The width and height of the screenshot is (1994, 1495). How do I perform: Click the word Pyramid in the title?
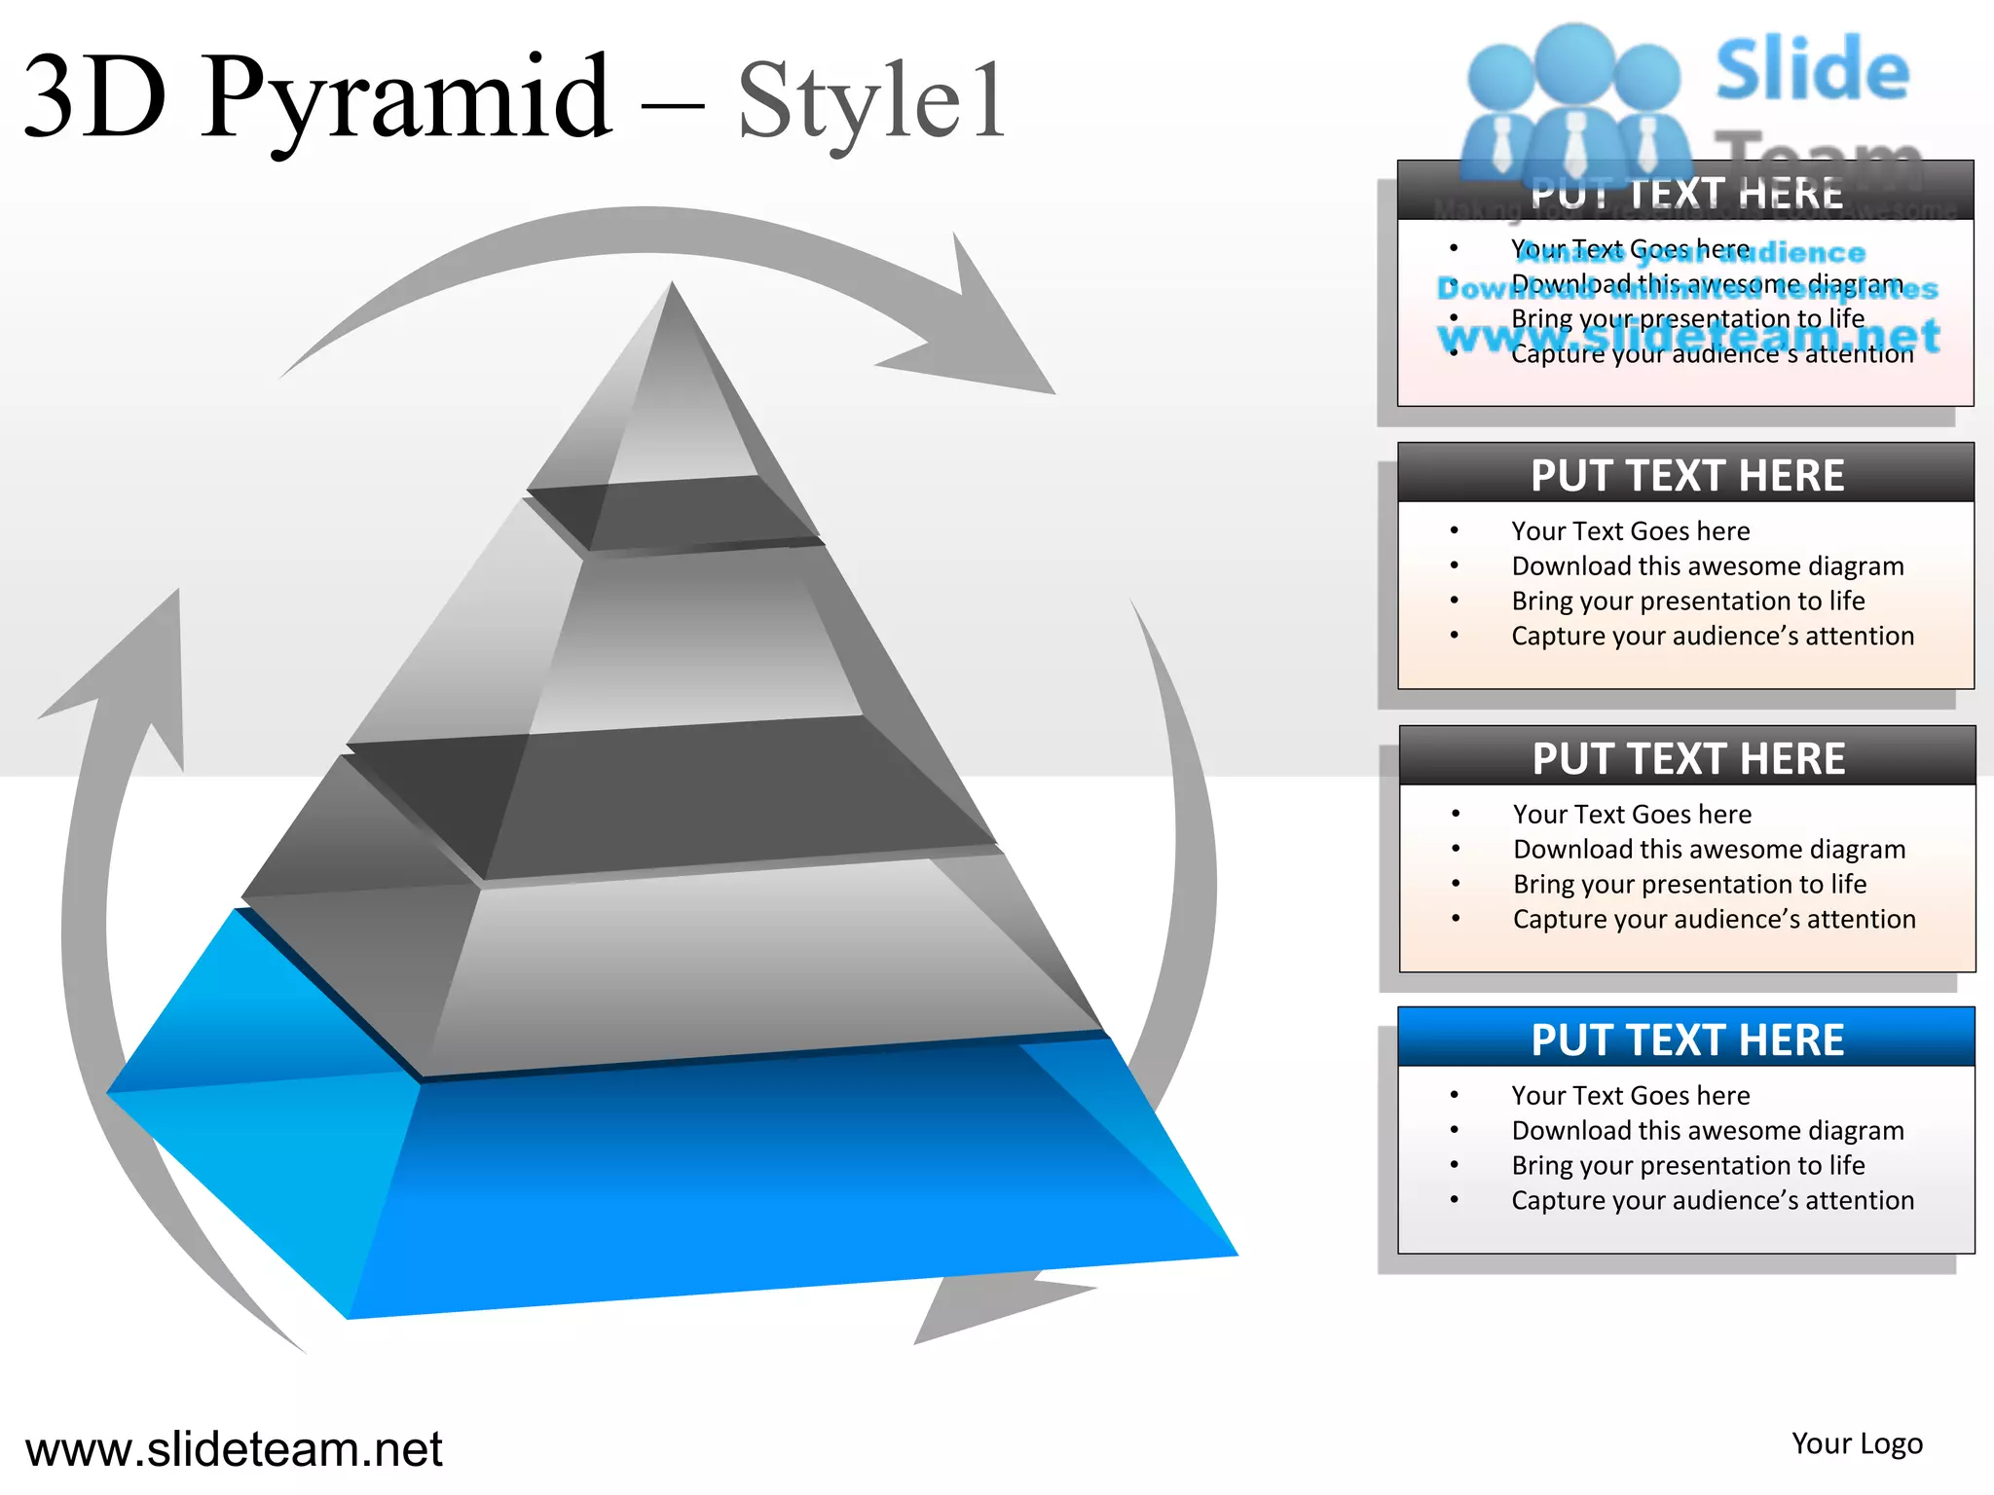407,97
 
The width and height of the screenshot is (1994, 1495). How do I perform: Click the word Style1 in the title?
871,100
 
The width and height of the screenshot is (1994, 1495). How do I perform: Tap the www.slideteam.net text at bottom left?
234,1449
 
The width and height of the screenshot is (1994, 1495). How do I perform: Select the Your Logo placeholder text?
1857,1443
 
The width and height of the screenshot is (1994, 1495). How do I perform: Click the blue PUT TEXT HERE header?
1686,1039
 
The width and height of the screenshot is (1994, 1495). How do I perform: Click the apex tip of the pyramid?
672,288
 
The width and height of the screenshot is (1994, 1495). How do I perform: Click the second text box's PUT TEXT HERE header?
1686,475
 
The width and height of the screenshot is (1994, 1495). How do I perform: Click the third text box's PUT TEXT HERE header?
1688,758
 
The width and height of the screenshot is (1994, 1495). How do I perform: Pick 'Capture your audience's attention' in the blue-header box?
1713,1200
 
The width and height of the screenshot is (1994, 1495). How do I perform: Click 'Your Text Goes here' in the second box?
1631,530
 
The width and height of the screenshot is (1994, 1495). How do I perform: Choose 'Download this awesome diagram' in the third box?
1709,849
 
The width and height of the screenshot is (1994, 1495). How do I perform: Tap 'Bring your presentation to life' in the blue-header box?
1688,1165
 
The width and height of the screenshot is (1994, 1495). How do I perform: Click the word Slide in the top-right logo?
1812,69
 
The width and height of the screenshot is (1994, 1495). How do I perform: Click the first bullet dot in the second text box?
1455,530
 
